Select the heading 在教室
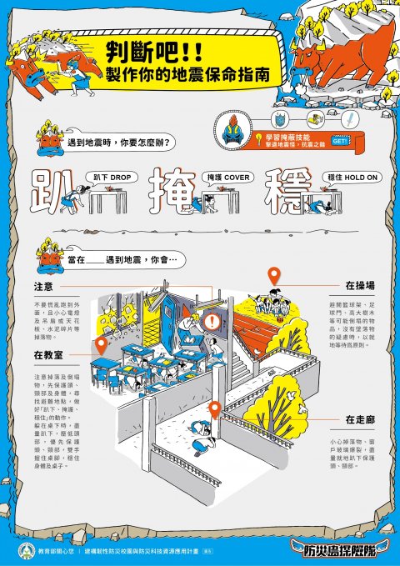(x=50, y=354)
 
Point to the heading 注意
(x=44, y=287)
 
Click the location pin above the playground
(x=272, y=276)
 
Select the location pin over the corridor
(x=214, y=409)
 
